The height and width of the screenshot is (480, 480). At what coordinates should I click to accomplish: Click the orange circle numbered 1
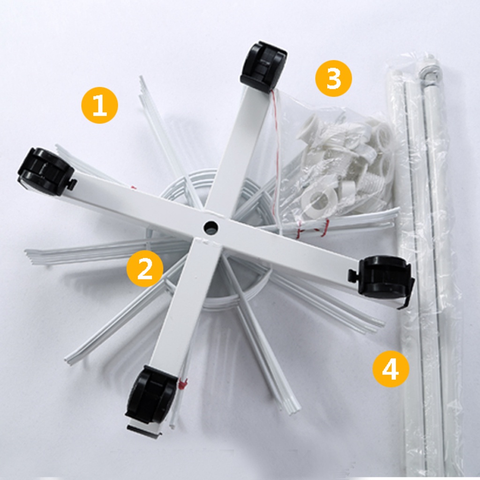tap(99, 105)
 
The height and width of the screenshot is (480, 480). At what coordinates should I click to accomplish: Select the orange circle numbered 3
tap(333, 78)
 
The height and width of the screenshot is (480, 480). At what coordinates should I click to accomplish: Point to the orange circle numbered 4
tap(390, 369)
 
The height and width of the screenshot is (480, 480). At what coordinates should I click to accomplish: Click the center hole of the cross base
tap(210, 228)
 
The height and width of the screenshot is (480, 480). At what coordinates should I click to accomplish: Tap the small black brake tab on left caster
tap(71, 185)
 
